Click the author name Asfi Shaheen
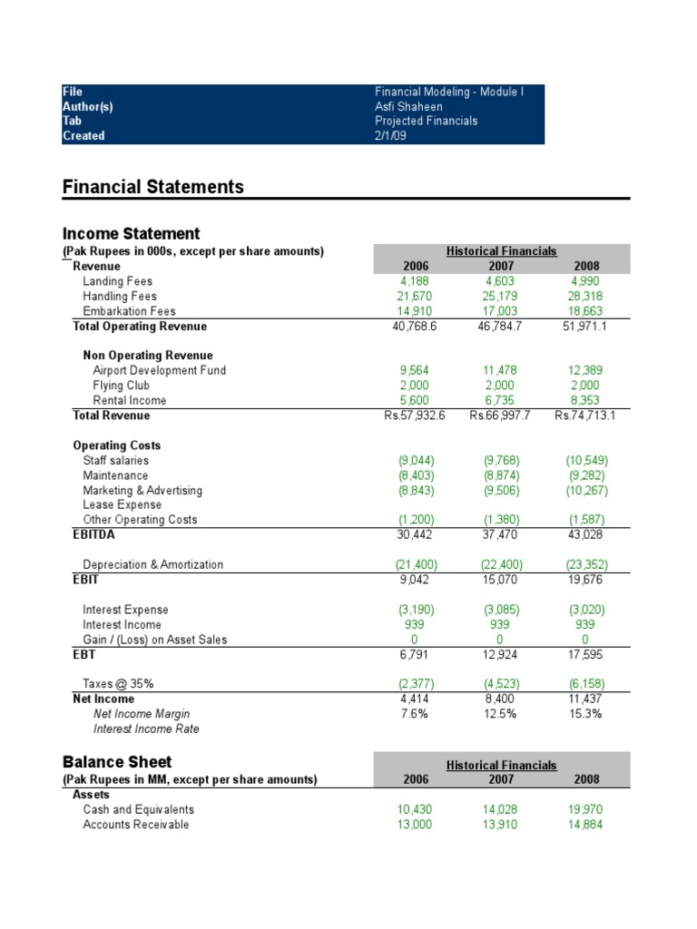click(408, 106)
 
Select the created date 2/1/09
click(390, 136)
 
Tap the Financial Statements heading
click(152, 187)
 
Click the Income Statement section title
click(131, 234)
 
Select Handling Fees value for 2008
click(582, 297)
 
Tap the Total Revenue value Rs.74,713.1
click(576, 416)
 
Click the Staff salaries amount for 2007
click(499, 461)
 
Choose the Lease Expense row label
click(122, 505)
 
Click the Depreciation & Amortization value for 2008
click(582, 564)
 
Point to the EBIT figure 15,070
click(499, 580)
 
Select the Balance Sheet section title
click(117, 762)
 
